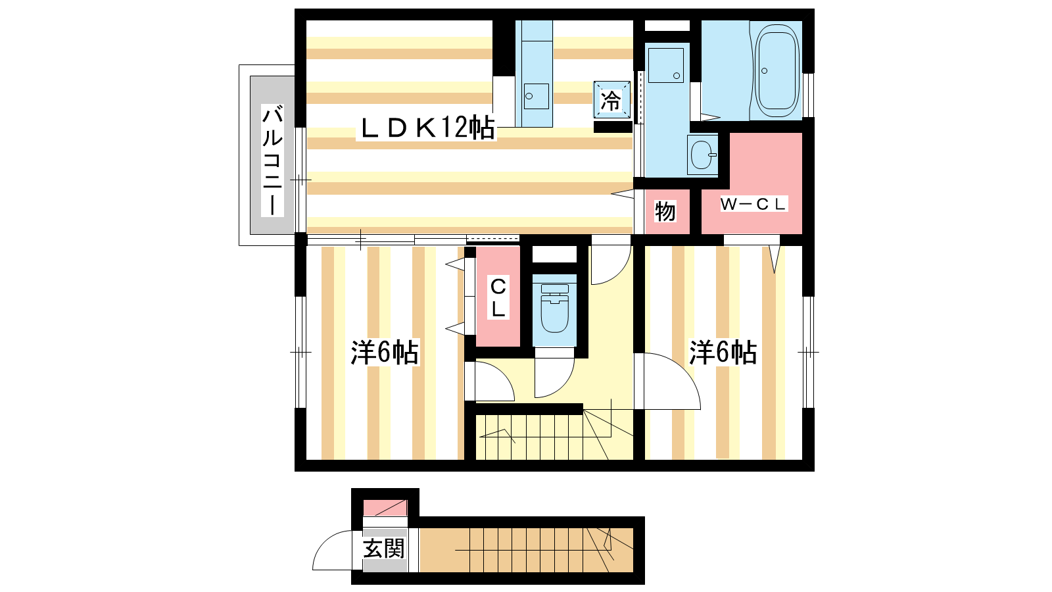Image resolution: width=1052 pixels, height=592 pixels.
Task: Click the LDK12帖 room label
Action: coord(427,128)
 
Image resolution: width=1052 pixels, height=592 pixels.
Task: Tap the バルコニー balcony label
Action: coord(272,160)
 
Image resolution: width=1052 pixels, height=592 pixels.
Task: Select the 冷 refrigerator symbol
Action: coord(611,100)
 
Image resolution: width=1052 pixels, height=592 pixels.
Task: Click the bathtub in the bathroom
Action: coord(777,70)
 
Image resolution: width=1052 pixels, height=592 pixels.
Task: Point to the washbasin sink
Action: coord(702,155)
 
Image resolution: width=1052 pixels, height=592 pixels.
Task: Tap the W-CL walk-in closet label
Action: coord(753,205)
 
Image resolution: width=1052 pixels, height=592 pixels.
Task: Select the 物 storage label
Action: coord(665,211)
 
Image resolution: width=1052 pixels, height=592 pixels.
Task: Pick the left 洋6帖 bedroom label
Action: coord(385,352)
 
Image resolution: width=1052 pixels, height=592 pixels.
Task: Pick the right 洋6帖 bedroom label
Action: coord(723,352)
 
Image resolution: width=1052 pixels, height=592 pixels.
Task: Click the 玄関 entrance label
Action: coord(384,549)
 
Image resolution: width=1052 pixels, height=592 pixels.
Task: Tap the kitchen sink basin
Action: coord(536,96)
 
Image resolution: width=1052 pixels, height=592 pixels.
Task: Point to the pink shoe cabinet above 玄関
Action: coord(385,508)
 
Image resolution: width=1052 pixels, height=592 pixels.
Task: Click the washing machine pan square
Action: coord(666,65)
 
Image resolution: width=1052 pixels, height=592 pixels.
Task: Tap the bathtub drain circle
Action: coord(764,71)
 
